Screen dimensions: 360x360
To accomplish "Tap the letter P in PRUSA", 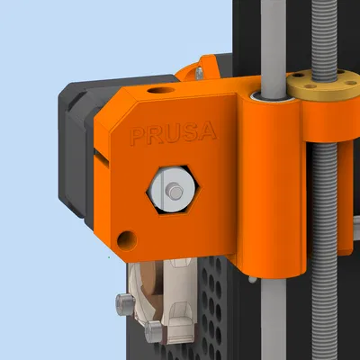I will click(x=137, y=138).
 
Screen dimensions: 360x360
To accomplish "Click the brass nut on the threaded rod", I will click(x=314, y=88).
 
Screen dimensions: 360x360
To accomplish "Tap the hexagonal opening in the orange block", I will click(x=172, y=191).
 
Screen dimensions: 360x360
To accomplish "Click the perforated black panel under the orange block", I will click(x=211, y=306).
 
